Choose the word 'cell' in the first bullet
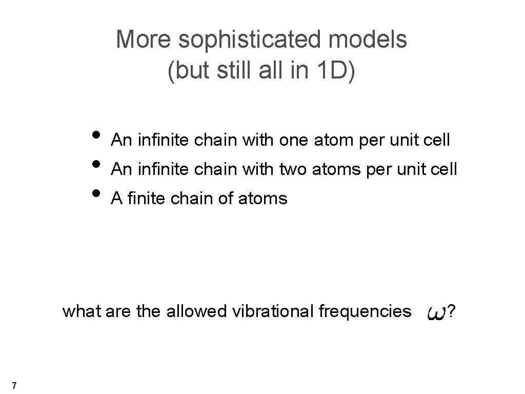tap(436, 140)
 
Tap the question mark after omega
tap(451, 311)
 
